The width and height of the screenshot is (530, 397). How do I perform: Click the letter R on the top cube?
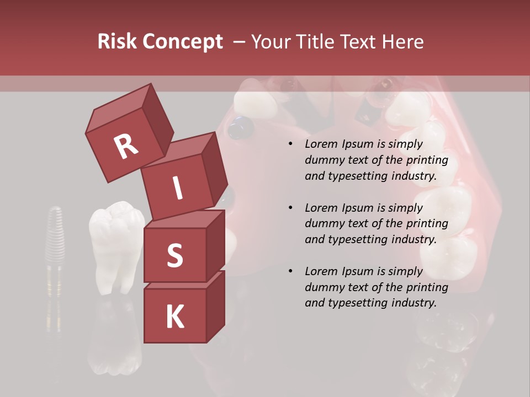(x=126, y=146)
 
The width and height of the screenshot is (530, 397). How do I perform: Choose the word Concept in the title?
(x=182, y=41)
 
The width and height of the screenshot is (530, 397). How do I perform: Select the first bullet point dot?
(x=290, y=144)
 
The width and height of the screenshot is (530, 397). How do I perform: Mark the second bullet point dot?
(x=290, y=208)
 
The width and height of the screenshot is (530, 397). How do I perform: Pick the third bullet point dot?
(x=290, y=271)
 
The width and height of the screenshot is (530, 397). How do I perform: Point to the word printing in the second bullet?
(x=427, y=224)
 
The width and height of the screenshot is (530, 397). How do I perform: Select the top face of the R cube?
(x=119, y=105)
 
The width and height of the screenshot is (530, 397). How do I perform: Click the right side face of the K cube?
(x=215, y=306)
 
